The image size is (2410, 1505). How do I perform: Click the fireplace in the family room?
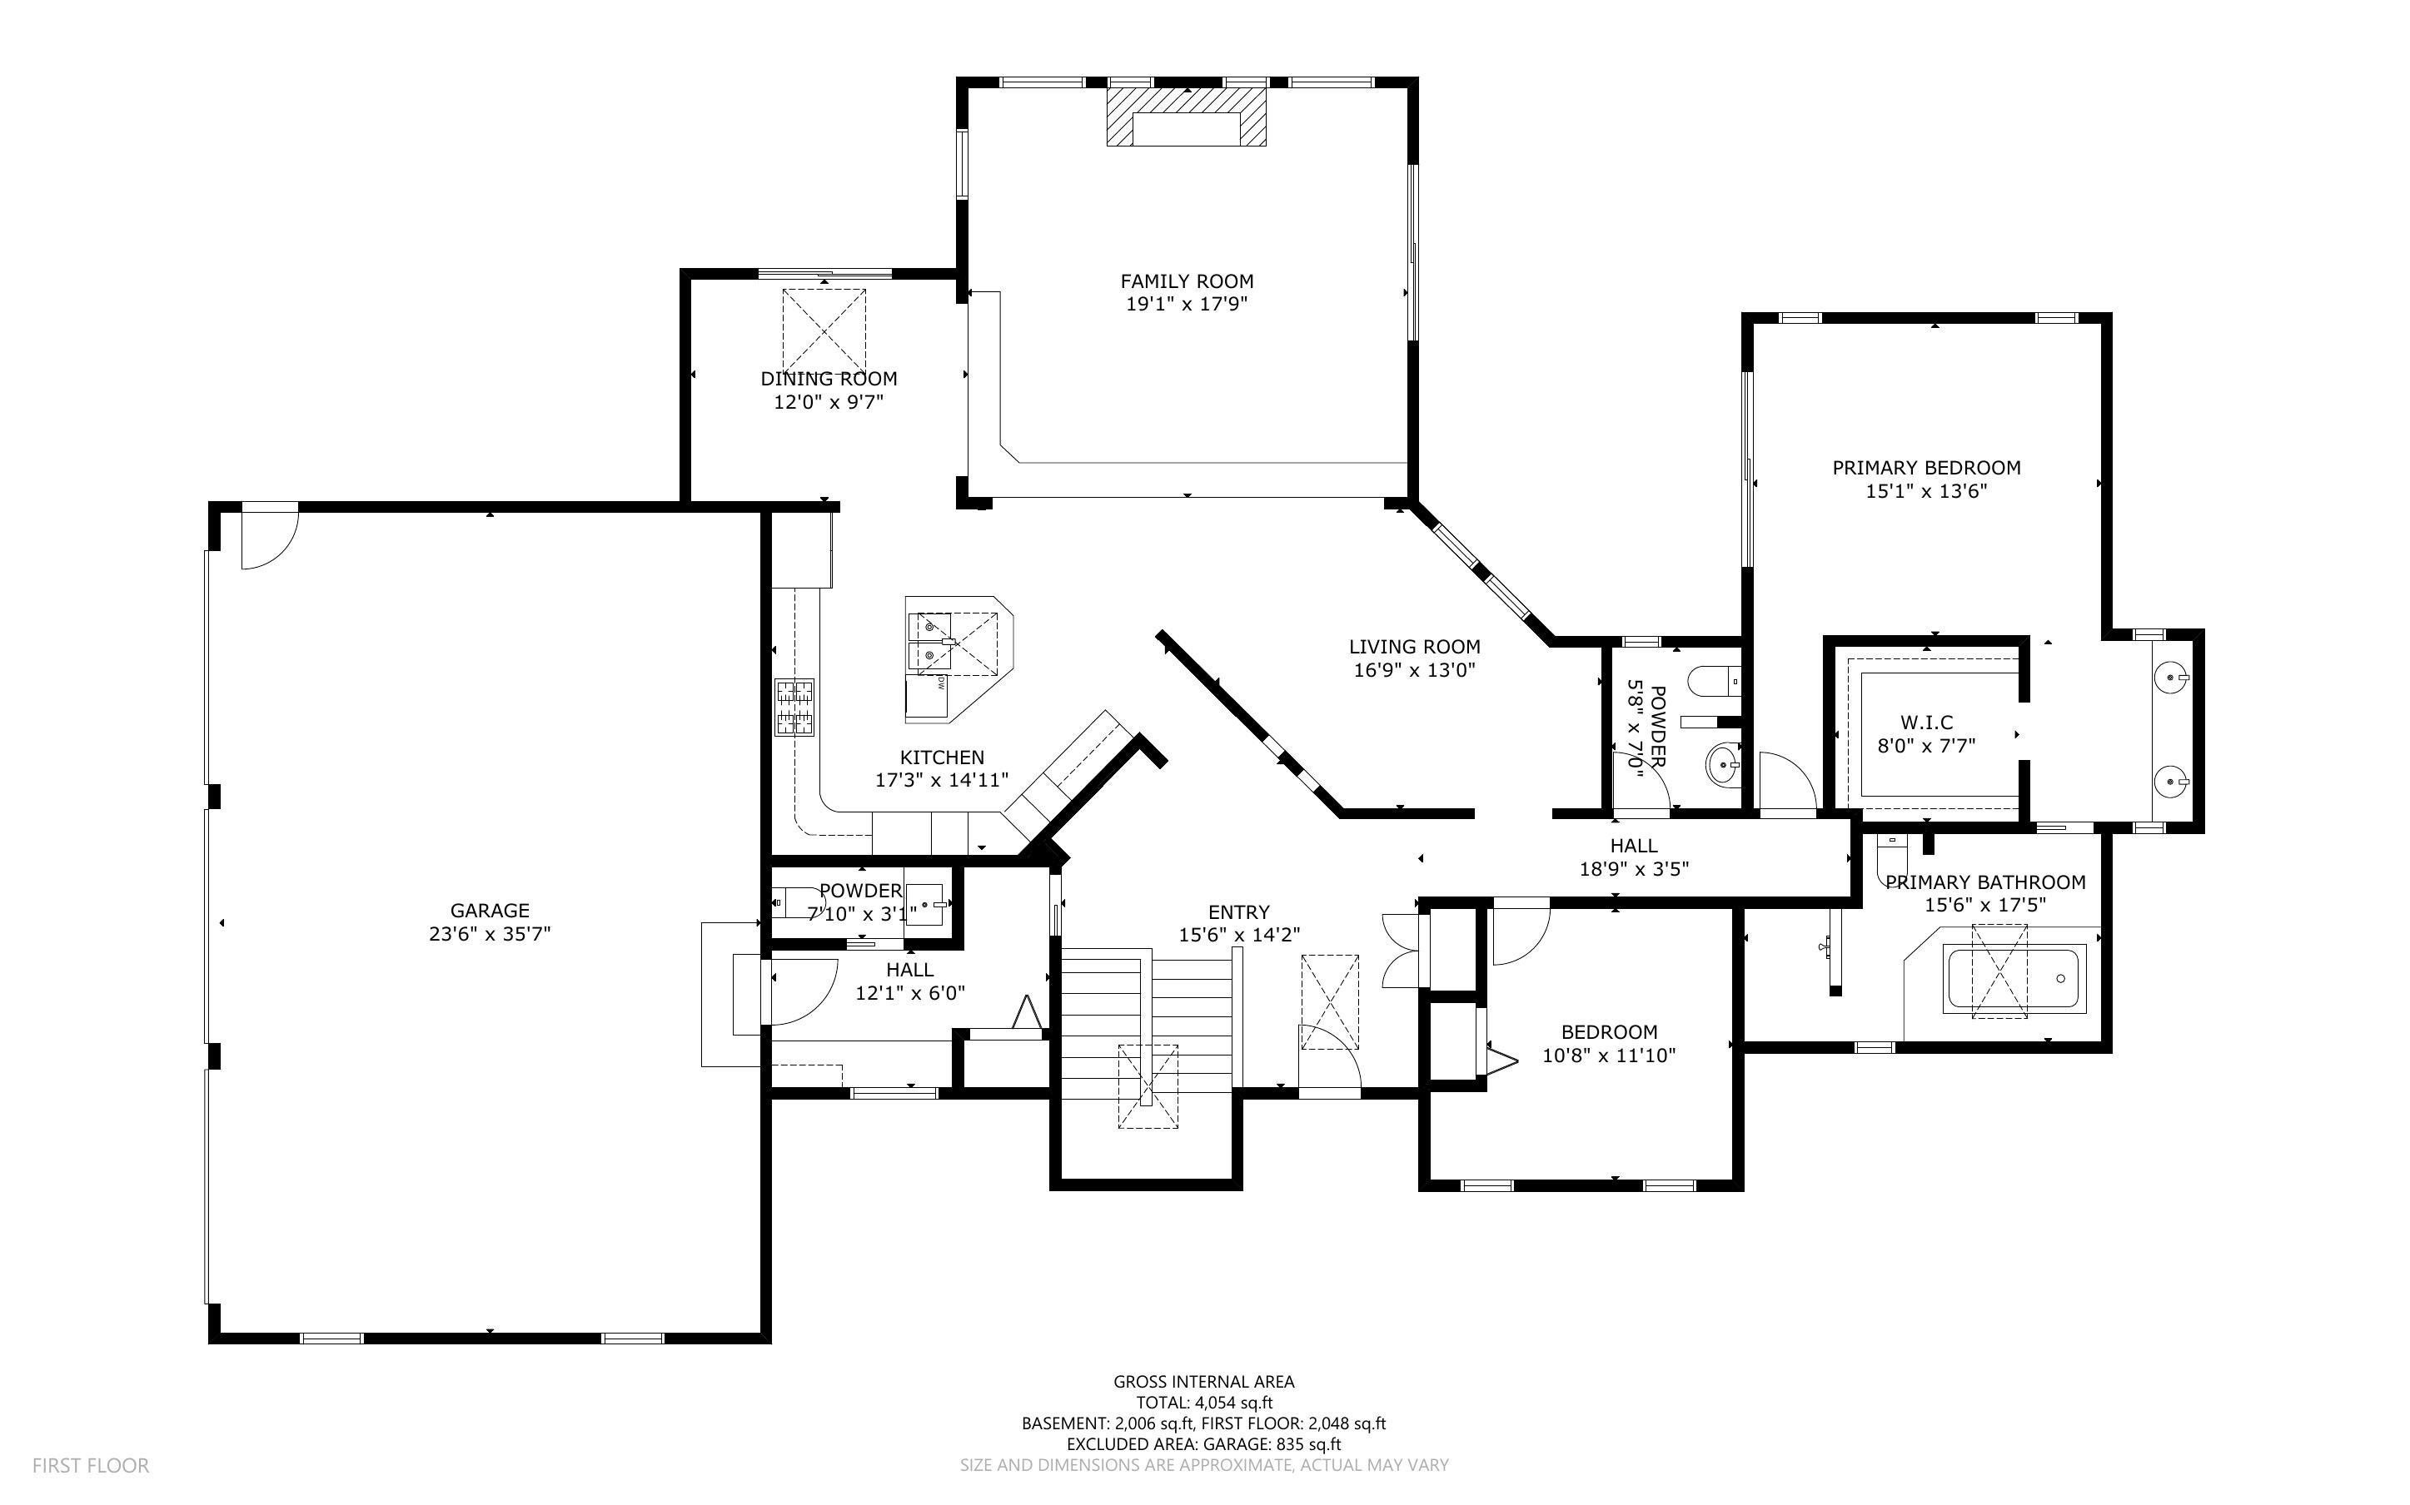pyautogui.click(x=1186, y=117)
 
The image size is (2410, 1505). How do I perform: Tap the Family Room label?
pyautogui.click(x=1186, y=281)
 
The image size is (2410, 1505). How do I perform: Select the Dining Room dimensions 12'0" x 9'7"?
pyautogui.click(x=829, y=402)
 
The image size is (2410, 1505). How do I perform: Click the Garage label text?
pyautogui.click(x=489, y=910)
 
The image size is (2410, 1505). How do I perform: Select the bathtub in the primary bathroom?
pyautogui.click(x=2014, y=980)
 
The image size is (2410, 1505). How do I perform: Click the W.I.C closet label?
pyautogui.click(x=1926, y=723)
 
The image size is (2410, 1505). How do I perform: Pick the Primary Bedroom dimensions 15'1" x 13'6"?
pyautogui.click(x=1925, y=491)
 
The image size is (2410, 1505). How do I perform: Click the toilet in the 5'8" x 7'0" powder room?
pyautogui.click(x=1712, y=682)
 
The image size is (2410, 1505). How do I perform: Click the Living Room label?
pyautogui.click(x=1413, y=647)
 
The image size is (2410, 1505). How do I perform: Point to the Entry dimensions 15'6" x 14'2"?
pyautogui.click(x=1238, y=935)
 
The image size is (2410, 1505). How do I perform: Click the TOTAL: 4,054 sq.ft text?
pyautogui.click(x=1203, y=1403)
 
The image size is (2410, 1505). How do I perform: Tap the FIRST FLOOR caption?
pyautogui.click(x=91, y=1465)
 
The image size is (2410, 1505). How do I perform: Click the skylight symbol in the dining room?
pyautogui.click(x=824, y=330)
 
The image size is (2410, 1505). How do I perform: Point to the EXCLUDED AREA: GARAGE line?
pyautogui.click(x=1203, y=1444)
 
